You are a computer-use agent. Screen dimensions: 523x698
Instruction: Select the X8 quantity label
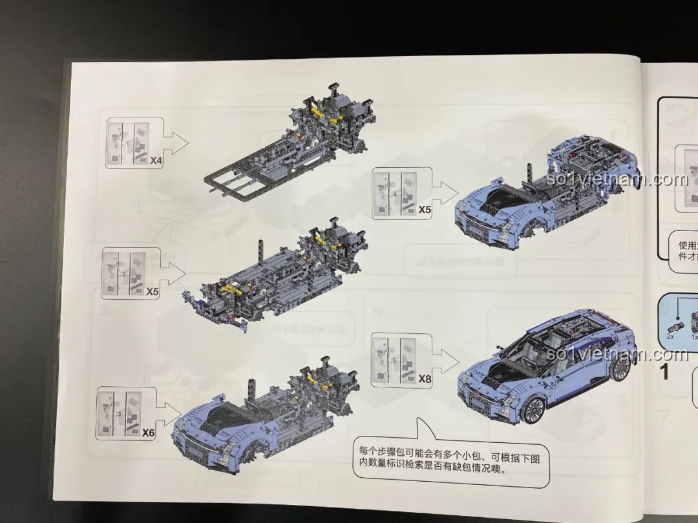(x=424, y=379)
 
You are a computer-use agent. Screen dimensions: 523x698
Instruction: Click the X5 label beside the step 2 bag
(x=153, y=292)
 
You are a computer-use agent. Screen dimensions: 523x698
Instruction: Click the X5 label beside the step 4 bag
(x=424, y=210)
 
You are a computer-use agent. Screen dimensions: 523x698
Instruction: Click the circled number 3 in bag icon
(x=119, y=414)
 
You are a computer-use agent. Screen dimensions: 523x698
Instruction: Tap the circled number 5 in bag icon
(x=394, y=360)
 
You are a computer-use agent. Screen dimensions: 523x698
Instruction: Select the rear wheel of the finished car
(x=620, y=367)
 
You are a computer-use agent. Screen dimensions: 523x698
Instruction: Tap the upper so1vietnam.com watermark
(x=617, y=179)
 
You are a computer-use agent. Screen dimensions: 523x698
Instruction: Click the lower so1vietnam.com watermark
(x=617, y=354)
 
